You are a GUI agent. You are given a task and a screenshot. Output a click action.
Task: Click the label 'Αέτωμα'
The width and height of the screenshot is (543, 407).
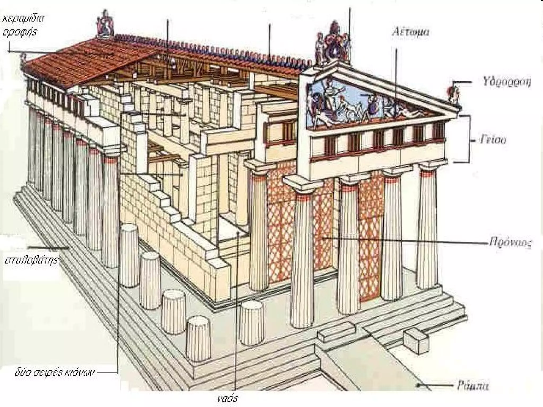pyautogui.click(x=410, y=32)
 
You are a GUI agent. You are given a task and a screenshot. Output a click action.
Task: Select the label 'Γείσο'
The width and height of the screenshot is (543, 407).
pyautogui.click(x=493, y=139)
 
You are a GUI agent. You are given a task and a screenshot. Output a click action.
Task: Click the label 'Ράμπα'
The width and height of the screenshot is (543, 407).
pyautogui.click(x=473, y=386)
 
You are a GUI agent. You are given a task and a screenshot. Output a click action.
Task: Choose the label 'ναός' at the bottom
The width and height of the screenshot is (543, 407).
pyautogui.click(x=227, y=397)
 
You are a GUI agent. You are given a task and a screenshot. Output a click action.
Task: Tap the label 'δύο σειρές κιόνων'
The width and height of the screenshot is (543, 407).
pyautogui.click(x=54, y=373)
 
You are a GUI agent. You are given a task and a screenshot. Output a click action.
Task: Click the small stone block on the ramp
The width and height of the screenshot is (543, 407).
pyautogui.click(x=415, y=342)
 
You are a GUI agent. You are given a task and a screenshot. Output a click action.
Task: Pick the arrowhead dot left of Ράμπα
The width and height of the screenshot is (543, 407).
pyautogui.click(x=418, y=386)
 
